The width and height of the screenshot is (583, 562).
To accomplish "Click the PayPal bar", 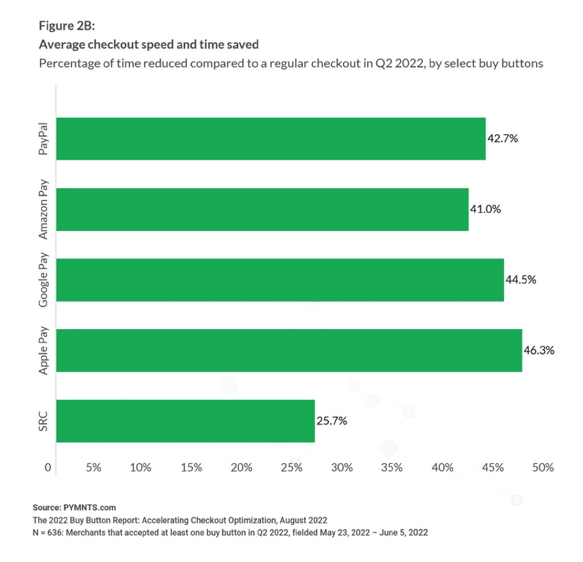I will click(x=271, y=139).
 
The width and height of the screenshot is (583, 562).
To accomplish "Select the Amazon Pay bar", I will click(x=262, y=209).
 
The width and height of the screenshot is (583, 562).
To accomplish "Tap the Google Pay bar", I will click(x=280, y=280).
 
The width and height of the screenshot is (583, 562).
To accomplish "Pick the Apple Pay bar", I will click(x=289, y=350).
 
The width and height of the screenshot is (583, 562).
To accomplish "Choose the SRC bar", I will click(x=185, y=421).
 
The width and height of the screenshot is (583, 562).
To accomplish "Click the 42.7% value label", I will click(x=503, y=139).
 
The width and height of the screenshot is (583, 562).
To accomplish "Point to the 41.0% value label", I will click(x=485, y=209).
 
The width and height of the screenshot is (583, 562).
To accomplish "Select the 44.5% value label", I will click(x=521, y=280).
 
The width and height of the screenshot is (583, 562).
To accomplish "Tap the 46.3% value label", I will click(x=539, y=350).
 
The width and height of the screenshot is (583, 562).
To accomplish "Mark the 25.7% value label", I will click(x=331, y=421).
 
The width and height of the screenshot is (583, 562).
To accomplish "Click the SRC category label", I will click(x=44, y=421).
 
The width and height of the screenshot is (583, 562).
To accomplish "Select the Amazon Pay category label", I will click(x=44, y=209).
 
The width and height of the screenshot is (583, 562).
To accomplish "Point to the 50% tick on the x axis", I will click(x=543, y=468).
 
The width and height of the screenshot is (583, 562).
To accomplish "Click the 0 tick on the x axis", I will click(x=48, y=468).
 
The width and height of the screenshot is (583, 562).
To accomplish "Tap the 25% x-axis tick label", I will click(x=291, y=468).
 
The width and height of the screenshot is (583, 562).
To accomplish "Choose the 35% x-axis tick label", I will click(x=392, y=468).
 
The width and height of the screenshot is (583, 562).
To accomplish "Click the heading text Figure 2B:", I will click(x=68, y=26).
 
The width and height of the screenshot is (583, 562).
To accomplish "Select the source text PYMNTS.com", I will click(x=90, y=508).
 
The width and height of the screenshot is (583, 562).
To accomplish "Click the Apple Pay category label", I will click(x=44, y=350).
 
